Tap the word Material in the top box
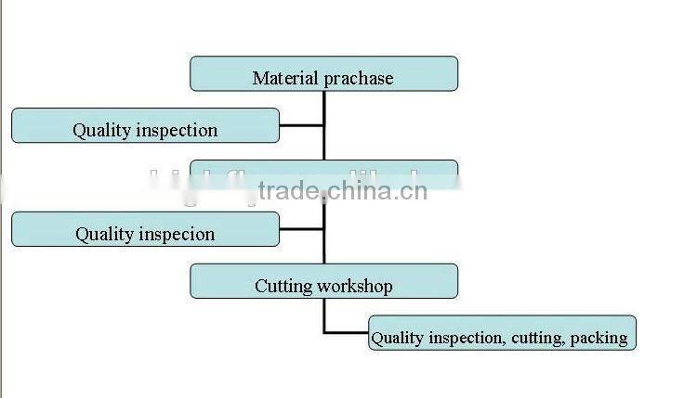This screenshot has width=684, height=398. coord(285,78)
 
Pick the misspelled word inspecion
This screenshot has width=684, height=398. coord(178,235)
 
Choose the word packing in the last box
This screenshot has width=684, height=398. coord(599,338)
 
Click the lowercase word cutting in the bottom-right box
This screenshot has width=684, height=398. coord(536,338)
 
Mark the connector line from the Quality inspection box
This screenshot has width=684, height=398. coord(301,125)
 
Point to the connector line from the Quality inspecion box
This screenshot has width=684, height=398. coord(301,229)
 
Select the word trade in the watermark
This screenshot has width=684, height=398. coord(288,192)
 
